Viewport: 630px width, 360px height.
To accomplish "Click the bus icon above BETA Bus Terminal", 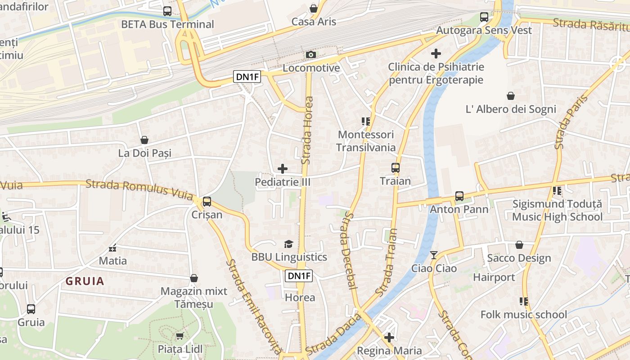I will [167, 11].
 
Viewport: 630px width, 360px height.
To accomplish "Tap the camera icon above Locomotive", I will [310, 55].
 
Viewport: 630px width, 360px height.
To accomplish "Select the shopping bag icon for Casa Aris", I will [314, 9].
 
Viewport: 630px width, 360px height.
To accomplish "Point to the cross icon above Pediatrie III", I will [283, 169].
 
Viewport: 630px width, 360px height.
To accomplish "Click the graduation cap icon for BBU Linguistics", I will [288, 244].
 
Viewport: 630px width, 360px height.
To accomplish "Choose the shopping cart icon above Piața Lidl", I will [180, 336].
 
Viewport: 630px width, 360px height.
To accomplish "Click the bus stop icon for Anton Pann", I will [459, 196].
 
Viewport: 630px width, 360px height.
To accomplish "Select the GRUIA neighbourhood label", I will [85, 282].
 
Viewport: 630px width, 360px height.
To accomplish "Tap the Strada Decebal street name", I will [349, 251].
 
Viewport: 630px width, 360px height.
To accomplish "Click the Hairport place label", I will [494, 277].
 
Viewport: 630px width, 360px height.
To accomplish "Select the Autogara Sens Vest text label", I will [484, 31].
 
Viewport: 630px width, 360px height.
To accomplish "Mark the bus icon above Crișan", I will [207, 202].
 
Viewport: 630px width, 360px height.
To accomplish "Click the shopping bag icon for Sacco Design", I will [519, 245].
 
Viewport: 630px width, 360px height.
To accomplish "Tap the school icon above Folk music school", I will [523, 301].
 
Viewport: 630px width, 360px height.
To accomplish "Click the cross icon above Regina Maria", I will [389, 337].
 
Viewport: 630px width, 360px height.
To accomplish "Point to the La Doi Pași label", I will [145, 153].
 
